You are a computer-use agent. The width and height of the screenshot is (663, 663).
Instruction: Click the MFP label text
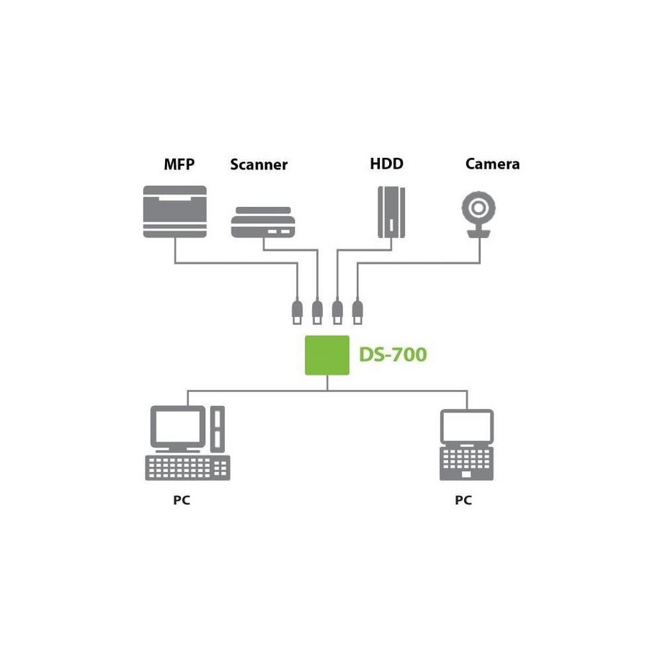pos(179,164)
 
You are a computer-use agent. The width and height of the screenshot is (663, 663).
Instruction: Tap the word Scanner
pos(259,165)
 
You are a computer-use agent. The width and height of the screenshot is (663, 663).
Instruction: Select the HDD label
pos(386,164)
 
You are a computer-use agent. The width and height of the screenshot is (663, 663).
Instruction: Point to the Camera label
pos(492,164)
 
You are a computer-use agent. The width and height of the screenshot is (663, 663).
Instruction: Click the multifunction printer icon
pos(175,211)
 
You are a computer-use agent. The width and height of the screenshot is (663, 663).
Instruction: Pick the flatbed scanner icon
pos(263,223)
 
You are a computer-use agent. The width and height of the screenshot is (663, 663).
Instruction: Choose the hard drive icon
pos(391,212)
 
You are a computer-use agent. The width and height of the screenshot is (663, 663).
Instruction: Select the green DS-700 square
pos(327,355)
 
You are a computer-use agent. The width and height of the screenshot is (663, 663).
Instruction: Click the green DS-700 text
pos(393,355)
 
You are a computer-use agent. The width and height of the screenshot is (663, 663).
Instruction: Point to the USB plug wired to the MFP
pos(296,311)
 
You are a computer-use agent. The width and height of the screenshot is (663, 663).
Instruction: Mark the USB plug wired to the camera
pos(357,311)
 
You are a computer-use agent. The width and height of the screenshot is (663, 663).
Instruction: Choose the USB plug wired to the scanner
pos(316,311)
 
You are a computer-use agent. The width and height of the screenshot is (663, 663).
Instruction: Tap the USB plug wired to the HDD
pos(337,311)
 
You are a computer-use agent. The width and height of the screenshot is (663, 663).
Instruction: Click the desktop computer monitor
pos(177,427)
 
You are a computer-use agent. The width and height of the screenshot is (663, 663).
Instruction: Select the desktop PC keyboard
pos(187,468)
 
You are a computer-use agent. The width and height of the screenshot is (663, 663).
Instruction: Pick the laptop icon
pos(466,445)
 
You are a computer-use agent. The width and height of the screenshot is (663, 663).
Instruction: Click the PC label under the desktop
pos(182,500)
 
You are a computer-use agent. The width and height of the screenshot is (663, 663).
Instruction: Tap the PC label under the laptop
pos(463,500)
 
